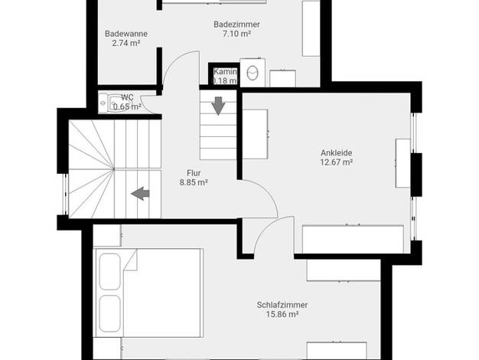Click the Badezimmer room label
236,25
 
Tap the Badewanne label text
126,34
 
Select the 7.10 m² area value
236,34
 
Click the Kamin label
225,71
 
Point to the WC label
127,97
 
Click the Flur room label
194,173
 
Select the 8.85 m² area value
194,182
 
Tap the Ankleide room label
337,152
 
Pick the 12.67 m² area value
337,162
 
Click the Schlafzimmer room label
282,305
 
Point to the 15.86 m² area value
282,315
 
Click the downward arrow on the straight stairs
218,106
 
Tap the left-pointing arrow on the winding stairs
140,194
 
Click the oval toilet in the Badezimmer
253,73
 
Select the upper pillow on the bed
110,271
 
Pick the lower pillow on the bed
110,313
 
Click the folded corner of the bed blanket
130,260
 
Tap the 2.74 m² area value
126,43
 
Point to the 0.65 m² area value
127,106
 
